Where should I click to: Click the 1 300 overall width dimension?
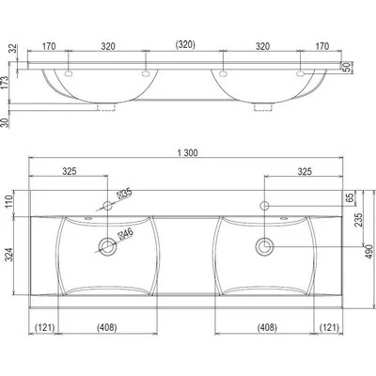(187, 153)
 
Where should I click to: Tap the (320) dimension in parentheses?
(184, 44)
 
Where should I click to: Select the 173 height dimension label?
(6, 82)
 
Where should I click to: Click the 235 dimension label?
(359, 220)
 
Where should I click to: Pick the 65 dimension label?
(351, 197)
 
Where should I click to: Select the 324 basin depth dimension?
(9, 255)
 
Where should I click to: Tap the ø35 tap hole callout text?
(125, 195)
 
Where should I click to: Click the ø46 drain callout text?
(126, 234)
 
